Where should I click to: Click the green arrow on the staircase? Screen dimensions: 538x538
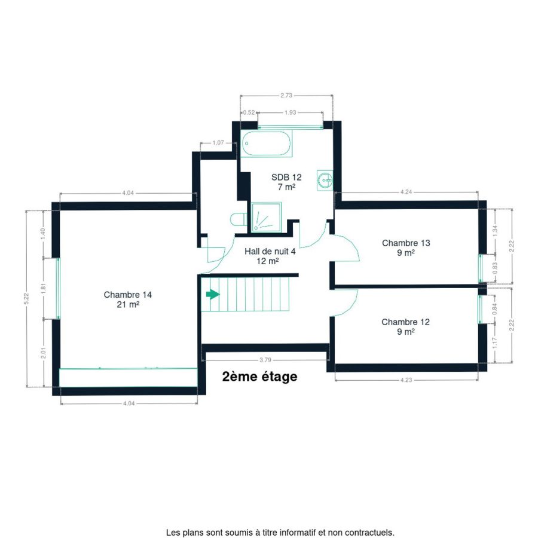click(x=213, y=294)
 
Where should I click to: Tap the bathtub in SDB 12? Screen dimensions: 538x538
click(x=266, y=143)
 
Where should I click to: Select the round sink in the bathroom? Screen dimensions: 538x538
click(x=325, y=179)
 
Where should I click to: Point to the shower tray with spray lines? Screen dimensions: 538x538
click(x=266, y=218)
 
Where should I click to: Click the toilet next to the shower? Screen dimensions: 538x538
click(x=239, y=219)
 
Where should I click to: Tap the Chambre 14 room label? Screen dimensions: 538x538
click(x=128, y=299)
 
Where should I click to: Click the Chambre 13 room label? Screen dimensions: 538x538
click(x=406, y=247)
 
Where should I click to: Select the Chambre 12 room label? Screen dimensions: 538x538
click(x=405, y=326)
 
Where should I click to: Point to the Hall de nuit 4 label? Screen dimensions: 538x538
click(x=270, y=256)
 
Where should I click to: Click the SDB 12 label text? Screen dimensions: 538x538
click(x=286, y=182)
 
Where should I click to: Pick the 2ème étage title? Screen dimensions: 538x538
click(x=260, y=377)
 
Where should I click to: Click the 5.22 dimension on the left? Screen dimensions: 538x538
click(x=26, y=298)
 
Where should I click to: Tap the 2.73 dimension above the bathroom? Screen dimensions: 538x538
click(x=286, y=96)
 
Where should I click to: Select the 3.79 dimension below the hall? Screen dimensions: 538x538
click(x=265, y=360)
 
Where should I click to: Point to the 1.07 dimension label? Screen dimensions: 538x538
click(x=218, y=143)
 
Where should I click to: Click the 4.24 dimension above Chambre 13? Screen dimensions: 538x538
click(x=406, y=192)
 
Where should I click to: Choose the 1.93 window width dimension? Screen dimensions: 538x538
click(x=291, y=112)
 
